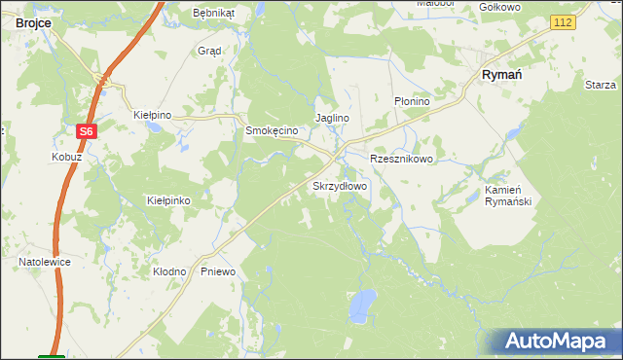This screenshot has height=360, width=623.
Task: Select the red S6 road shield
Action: point(87,131)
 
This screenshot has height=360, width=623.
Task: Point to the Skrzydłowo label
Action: point(339,185)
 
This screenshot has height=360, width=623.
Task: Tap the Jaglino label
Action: point(331,118)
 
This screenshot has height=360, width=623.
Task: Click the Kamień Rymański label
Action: point(506,196)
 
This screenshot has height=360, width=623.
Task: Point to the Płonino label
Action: point(412,100)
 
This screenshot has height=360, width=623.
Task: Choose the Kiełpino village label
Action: point(152,115)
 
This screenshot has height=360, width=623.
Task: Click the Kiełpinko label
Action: point(167,199)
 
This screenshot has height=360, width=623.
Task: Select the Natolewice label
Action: point(45,262)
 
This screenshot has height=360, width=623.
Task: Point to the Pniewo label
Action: point(218,271)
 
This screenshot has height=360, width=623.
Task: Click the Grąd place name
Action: point(209,51)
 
